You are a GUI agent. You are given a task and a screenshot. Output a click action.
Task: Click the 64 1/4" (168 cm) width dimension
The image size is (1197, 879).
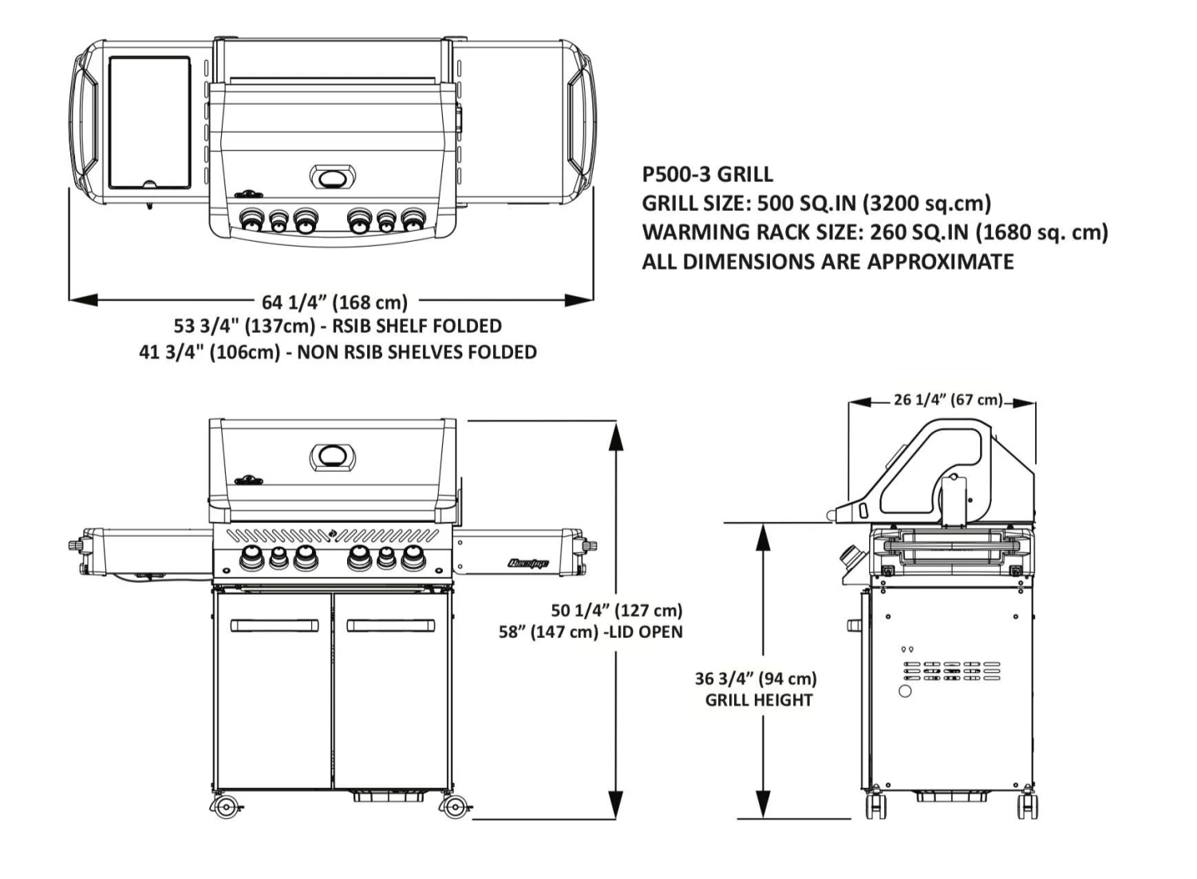(334, 302)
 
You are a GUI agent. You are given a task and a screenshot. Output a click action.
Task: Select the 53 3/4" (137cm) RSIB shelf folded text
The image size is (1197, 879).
(338, 326)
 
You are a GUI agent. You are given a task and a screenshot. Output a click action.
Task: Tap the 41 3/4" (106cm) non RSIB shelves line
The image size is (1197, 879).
(338, 352)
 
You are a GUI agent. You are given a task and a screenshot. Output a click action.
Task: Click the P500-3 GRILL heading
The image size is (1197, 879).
(707, 174)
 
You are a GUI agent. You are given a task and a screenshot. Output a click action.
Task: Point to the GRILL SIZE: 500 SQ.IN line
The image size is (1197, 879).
(816, 203)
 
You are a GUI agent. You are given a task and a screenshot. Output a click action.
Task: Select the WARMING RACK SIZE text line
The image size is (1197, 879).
(875, 232)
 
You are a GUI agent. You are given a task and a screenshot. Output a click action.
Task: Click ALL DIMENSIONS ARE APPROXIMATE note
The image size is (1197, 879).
(828, 262)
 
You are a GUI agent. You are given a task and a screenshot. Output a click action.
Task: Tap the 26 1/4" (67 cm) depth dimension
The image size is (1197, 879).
(948, 399)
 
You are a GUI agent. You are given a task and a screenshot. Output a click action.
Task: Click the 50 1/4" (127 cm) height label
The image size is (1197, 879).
(617, 611)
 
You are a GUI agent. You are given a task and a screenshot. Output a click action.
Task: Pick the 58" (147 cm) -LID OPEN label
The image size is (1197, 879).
(591, 632)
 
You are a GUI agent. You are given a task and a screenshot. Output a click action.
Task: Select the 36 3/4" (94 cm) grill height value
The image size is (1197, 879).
(756, 679)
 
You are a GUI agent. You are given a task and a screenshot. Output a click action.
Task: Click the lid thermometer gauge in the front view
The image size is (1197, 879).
(333, 457)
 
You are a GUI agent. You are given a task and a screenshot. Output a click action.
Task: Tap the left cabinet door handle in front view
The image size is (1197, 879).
(274, 626)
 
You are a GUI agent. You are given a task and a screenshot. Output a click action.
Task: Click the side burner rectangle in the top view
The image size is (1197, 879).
(149, 121)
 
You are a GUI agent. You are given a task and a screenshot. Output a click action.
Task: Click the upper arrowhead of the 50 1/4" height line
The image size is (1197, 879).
(615, 435)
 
